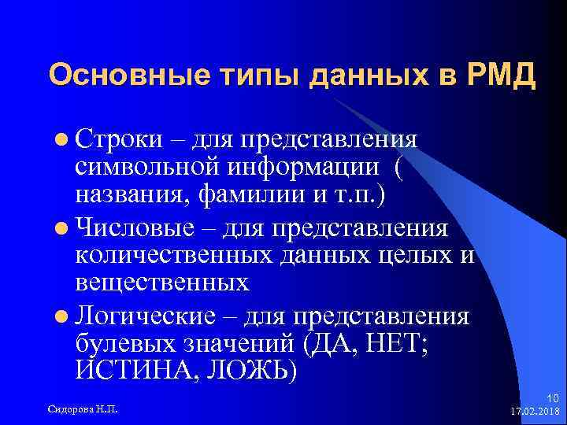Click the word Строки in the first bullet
click(118, 138)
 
